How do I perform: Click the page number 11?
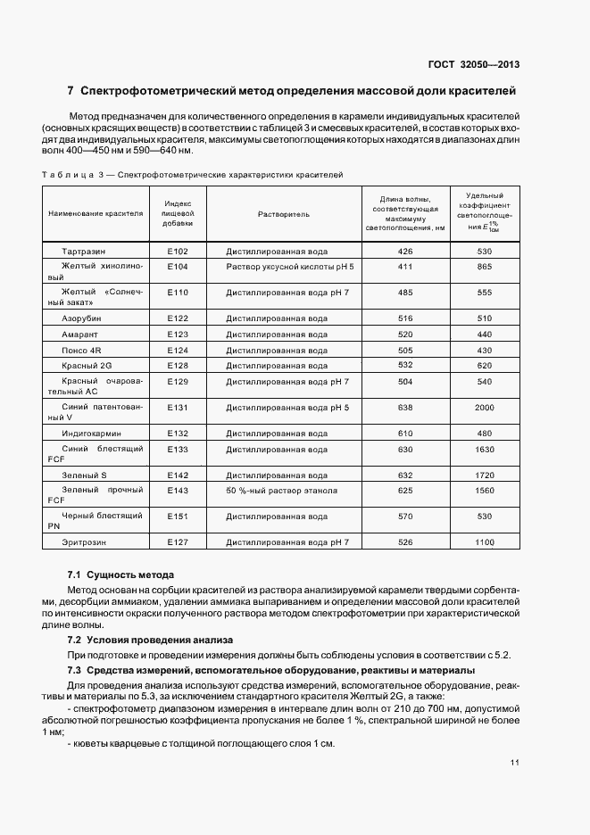tap(515, 762)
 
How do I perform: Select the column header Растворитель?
tap(283, 214)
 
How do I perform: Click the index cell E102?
tap(178, 251)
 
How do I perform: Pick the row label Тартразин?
tap(82, 251)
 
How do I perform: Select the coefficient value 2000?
tap(485, 408)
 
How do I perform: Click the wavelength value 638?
tap(405, 408)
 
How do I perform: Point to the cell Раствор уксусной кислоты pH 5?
tap(290, 267)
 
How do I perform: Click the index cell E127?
tap(178, 542)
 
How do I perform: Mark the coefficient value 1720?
tap(485, 475)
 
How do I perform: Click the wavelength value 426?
tap(405, 251)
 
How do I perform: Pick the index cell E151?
tap(178, 516)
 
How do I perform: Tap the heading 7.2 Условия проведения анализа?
tap(150, 640)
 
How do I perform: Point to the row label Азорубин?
tap(82, 318)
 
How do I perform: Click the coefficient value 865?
tap(485, 267)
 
